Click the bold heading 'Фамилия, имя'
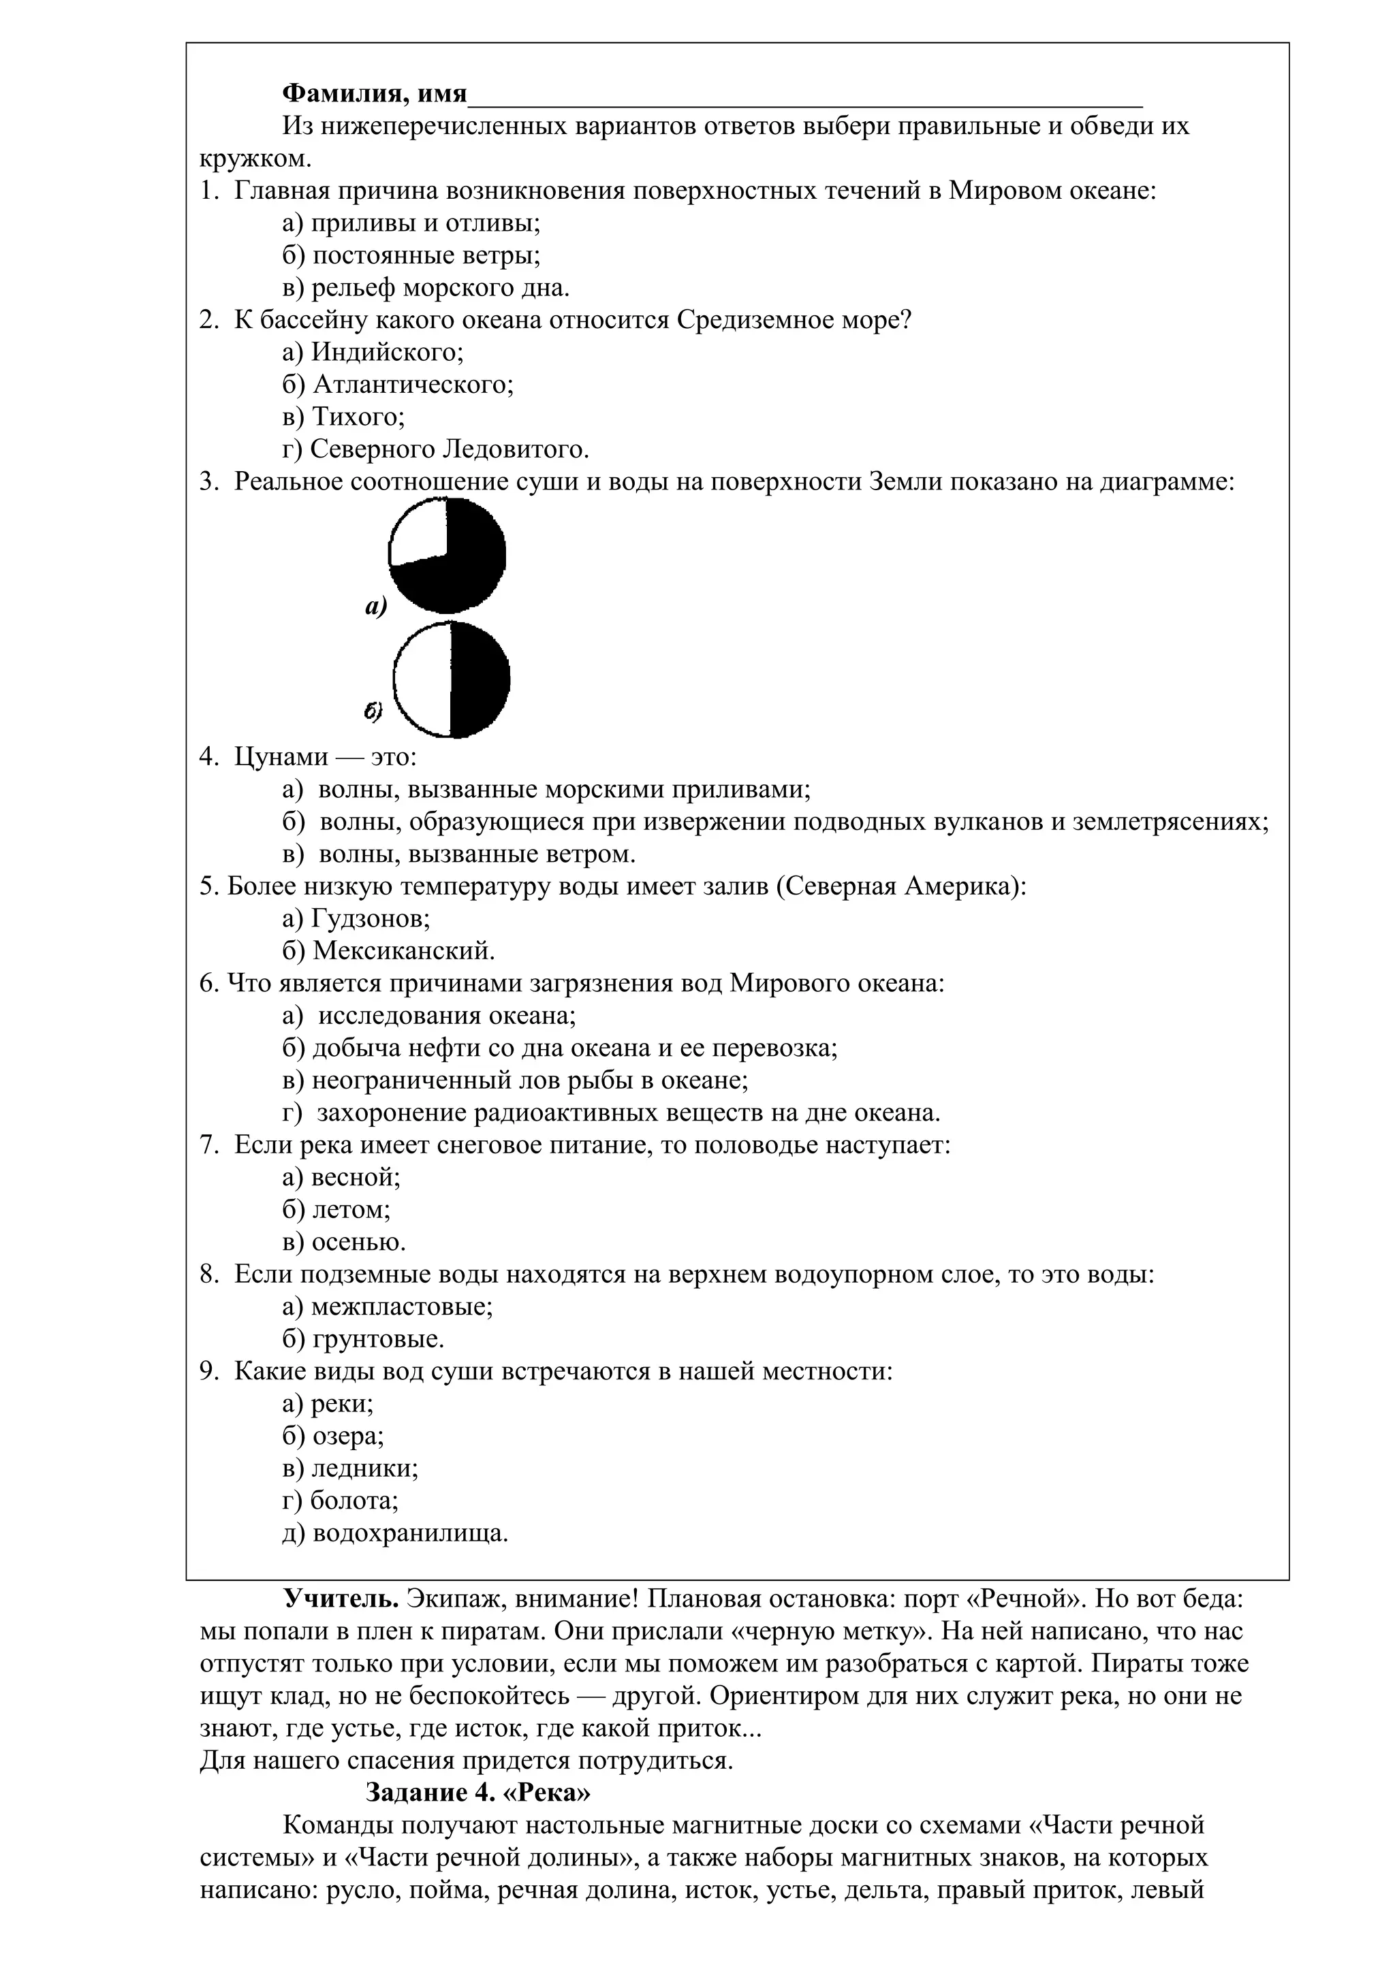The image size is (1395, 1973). pyautogui.click(x=375, y=93)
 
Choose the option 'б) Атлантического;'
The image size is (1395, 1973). pyautogui.click(x=398, y=384)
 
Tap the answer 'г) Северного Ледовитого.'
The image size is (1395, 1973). pyautogui.click(x=436, y=449)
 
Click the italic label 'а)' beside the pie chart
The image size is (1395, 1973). pyautogui.click(x=375, y=607)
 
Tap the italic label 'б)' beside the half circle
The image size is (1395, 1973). pyautogui.click(x=373, y=711)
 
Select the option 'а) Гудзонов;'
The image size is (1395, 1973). pyautogui.click(x=356, y=918)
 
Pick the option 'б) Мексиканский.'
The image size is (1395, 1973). pyautogui.click(x=388, y=950)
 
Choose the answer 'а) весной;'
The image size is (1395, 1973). pyautogui.click(x=341, y=1176)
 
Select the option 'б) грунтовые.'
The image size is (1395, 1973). pyautogui.click(x=363, y=1338)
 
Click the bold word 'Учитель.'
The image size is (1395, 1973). pyautogui.click(x=341, y=1599)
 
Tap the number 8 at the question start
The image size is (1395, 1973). pyautogui.click(x=207, y=1274)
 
